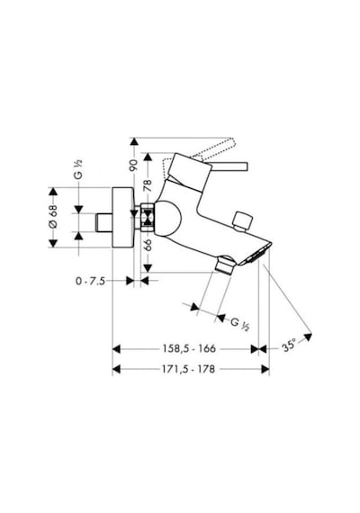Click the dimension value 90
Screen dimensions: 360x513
pyautogui.click(x=133, y=166)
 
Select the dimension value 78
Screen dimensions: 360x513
pyautogui.click(x=148, y=185)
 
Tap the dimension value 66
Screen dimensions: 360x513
pyautogui.click(x=148, y=245)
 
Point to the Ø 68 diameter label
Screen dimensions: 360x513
pyautogui.click(x=53, y=217)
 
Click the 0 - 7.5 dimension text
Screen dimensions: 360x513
pyautogui.click(x=91, y=281)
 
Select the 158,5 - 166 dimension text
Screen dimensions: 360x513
pyautogui.click(x=189, y=349)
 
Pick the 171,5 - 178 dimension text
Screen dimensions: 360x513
pyautogui.click(x=188, y=369)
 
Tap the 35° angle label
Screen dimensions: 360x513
pyautogui.click(x=289, y=346)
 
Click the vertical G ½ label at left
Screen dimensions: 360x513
pyautogui.click(x=78, y=169)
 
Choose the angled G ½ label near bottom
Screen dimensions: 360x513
pyautogui.click(x=239, y=324)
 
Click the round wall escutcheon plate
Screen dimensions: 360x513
pyautogui.click(x=122, y=217)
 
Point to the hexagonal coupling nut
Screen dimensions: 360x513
pyautogui.click(x=148, y=218)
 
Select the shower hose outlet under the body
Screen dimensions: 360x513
pyautogui.click(x=224, y=265)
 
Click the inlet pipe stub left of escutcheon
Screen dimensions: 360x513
pyautogui.click(x=103, y=222)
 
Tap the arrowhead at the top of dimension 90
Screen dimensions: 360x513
pyautogui.click(x=134, y=141)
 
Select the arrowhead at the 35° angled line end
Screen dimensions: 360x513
pyautogui.click(x=308, y=337)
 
